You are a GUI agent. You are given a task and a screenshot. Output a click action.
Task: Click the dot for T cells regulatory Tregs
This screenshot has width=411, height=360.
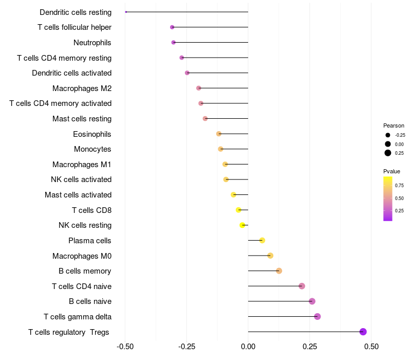(x=363, y=332)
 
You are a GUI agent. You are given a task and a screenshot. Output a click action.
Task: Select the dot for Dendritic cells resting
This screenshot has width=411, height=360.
(x=126, y=12)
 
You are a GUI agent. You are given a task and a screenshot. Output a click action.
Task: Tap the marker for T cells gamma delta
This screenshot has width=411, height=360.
(x=317, y=316)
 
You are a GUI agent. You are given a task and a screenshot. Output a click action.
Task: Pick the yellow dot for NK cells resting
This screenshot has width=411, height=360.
(x=242, y=225)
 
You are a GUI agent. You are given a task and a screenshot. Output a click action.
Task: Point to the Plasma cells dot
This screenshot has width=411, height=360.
(x=262, y=240)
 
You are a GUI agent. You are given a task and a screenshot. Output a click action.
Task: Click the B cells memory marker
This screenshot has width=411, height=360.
(x=279, y=271)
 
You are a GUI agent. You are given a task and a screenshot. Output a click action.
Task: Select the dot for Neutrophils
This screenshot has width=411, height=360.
(x=174, y=42)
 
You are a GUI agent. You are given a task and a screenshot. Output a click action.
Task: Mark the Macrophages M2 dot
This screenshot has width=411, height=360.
(x=199, y=88)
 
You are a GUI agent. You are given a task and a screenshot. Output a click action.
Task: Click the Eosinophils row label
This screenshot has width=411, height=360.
(x=92, y=134)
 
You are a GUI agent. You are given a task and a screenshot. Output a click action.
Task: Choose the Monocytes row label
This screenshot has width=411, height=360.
(x=92, y=149)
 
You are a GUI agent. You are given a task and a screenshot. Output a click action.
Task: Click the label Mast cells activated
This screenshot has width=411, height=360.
(x=78, y=195)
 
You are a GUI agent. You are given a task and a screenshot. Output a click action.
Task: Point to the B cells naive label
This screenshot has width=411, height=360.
(x=90, y=301)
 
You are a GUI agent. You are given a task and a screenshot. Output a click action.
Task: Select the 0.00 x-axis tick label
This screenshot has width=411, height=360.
(x=248, y=347)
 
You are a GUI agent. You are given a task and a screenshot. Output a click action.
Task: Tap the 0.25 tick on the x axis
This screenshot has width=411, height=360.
(x=310, y=347)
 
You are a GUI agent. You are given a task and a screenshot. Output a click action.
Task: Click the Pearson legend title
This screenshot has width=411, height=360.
(x=394, y=125)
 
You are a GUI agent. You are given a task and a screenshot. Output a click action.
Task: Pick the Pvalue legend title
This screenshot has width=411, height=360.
(x=391, y=171)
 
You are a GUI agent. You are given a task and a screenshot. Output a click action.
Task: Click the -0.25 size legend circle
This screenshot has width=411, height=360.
(x=388, y=135)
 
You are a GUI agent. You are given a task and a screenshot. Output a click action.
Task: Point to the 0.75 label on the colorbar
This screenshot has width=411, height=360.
(x=399, y=185)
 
